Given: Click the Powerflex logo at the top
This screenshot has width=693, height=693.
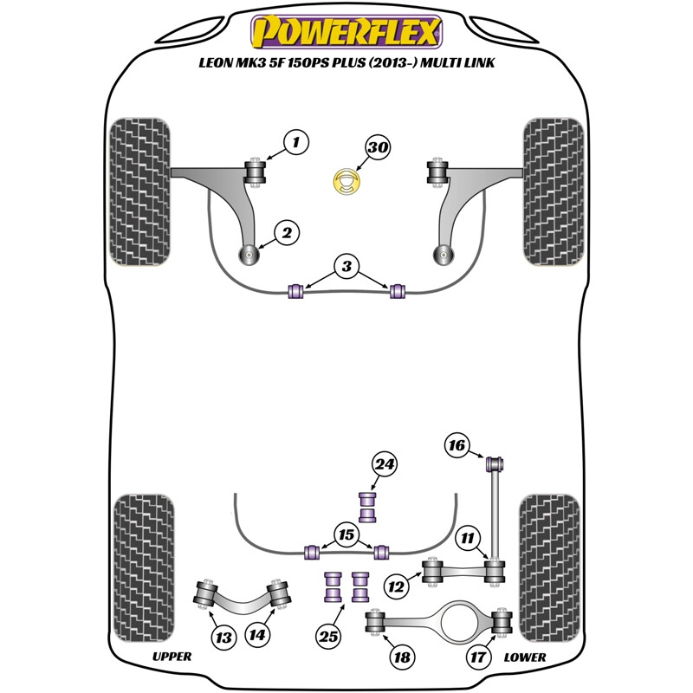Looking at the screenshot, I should click(x=346, y=32).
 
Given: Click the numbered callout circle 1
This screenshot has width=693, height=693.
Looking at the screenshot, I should click(x=296, y=139).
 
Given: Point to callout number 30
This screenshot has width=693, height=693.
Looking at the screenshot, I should click(x=377, y=148).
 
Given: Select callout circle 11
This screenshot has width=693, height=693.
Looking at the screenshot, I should click(x=469, y=540).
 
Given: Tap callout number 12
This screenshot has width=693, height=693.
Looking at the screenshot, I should click(x=397, y=587).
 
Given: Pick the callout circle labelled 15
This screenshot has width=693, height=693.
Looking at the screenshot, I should click(x=346, y=536).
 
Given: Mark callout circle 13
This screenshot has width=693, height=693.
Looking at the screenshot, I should click(x=223, y=638).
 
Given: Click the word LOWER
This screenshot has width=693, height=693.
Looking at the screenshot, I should click(x=524, y=657).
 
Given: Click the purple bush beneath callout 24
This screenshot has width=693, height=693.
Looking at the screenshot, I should click(x=370, y=506).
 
